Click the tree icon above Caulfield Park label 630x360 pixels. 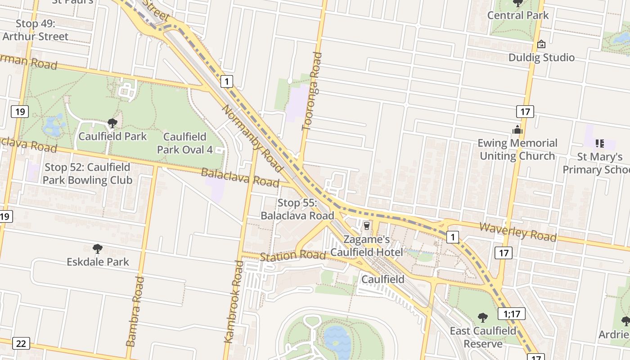(112, 123)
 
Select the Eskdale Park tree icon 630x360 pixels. (97, 249)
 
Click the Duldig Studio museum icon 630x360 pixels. (541, 44)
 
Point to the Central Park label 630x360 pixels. (518, 15)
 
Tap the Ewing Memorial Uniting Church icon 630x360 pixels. (517, 130)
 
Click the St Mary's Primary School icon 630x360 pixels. (599, 144)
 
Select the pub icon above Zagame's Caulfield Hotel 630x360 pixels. (366, 225)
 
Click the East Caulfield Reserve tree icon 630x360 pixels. (483, 318)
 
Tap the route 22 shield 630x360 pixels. (21, 343)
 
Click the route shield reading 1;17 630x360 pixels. (512, 314)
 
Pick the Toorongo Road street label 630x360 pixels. (312, 92)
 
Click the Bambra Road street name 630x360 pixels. (136, 311)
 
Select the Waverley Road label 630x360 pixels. (517, 232)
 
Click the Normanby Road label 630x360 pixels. (252, 139)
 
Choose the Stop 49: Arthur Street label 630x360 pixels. (36, 30)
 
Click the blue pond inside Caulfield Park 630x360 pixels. (53, 126)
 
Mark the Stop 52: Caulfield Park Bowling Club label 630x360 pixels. (88, 174)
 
